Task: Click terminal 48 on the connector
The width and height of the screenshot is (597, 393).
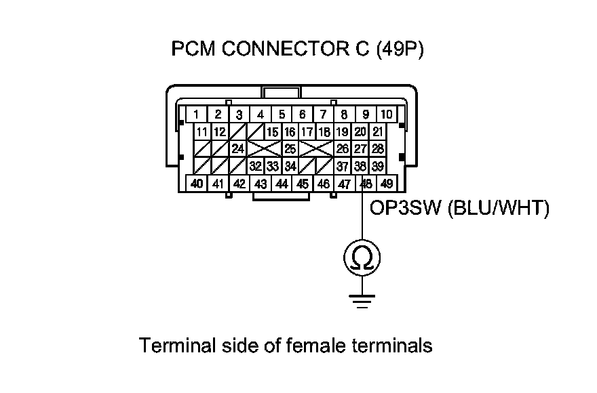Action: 366,183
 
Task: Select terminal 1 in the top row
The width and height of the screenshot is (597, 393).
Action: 196,115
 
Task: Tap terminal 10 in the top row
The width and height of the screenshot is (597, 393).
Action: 386,115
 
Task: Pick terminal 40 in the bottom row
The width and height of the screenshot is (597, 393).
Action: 196,183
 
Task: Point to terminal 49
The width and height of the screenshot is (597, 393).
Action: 387,183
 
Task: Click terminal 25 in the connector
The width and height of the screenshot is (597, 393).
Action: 290,148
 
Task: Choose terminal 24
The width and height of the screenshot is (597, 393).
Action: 237,148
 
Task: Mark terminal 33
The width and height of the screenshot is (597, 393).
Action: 273,165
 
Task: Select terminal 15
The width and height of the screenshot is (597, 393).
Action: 273,131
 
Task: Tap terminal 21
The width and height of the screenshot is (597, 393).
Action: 378,131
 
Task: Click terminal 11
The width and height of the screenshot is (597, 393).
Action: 202,131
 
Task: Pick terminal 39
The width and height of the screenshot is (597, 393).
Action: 378,165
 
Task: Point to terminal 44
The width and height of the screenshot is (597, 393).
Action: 281,183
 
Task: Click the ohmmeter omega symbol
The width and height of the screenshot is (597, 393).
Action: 361,258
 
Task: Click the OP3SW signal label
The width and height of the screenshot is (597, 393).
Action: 406,209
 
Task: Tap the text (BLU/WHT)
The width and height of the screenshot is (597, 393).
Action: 497,209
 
